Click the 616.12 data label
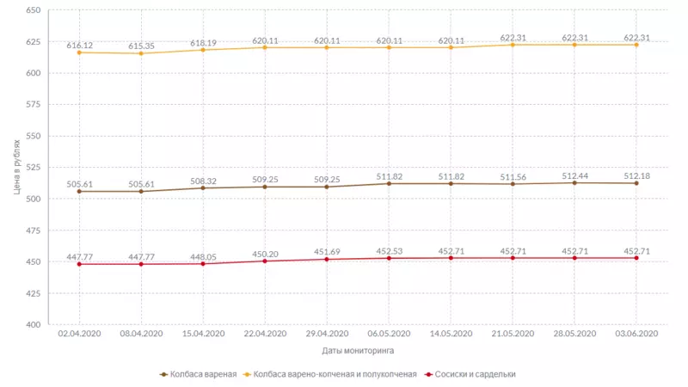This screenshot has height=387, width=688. (x=80, y=44)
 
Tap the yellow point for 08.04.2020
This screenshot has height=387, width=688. (x=142, y=53)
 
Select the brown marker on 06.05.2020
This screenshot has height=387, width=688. (x=390, y=184)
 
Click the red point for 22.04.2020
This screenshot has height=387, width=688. (x=266, y=261)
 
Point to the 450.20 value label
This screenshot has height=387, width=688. (x=266, y=254)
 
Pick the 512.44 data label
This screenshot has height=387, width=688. (x=575, y=175)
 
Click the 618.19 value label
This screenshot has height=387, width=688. (x=204, y=42)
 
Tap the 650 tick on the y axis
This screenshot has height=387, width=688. (x=34, y=10)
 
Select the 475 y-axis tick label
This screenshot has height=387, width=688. (x=34, y=230)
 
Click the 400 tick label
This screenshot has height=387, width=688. (x=34, y=325)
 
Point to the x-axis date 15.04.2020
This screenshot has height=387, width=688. (x=204, y=334)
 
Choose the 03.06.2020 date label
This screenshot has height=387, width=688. (x=637, y=334)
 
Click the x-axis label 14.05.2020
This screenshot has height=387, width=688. (x=451, y=334)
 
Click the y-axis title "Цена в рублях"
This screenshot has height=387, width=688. (x=18, y=168)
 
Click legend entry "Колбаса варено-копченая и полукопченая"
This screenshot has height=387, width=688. (x=331, y=375)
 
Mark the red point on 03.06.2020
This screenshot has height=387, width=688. (x=637, y=258)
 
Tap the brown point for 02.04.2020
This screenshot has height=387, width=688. (x=80, y=192)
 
